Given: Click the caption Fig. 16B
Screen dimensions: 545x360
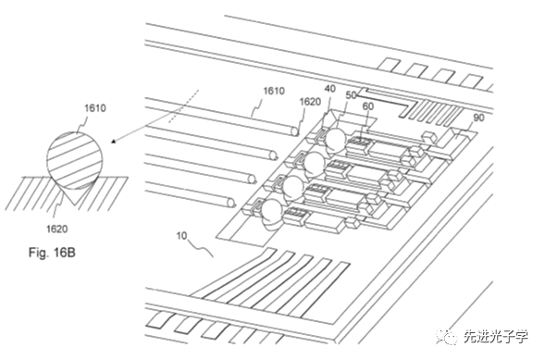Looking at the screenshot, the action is (x=52, y=253).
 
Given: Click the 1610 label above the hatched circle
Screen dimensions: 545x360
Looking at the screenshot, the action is (x=95, y=108).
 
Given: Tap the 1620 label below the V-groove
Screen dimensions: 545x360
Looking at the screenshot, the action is (x=57, y=229).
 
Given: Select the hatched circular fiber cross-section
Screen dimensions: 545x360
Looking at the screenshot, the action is (x=75, y=160).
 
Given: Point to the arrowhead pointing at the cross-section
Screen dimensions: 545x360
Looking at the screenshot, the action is (x=114, y=141).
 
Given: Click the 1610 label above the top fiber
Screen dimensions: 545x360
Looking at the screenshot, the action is (x=274, y=91).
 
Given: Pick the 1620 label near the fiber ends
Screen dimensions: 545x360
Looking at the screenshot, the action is (x=310, y=102).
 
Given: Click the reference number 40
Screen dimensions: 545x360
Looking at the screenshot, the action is (x=329, y=89).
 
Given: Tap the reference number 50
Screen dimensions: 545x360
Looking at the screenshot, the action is (x=351, y=95).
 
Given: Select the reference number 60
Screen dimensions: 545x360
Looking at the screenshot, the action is (x=367, y=106).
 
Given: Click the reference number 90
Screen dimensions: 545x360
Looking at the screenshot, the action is (x=478, y=118).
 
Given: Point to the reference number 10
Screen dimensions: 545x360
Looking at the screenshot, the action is (x=181, y=236).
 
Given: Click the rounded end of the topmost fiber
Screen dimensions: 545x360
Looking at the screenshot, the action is (x=295, y=131).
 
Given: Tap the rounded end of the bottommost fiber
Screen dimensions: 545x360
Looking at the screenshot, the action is (x=230, y=202).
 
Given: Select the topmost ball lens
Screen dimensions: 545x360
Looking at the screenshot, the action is (x=335, y=139).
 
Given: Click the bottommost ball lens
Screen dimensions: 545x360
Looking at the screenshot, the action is (x=272, y=211).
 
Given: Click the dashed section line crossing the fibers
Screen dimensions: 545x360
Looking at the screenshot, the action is (x=183, y=106).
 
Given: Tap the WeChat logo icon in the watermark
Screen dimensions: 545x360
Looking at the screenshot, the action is (x=447, y=336).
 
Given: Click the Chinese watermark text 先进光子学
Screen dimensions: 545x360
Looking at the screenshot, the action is (x=496, y=336).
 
